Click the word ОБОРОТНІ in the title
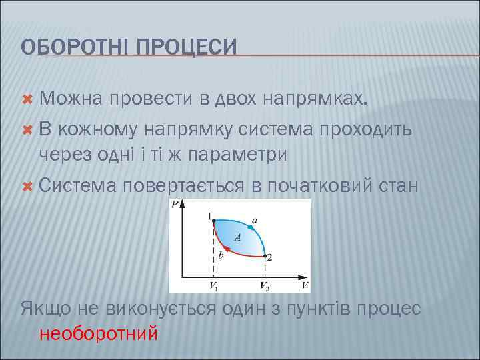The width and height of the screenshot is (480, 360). click(75, 47)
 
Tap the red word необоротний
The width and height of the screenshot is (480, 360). click(99, 332)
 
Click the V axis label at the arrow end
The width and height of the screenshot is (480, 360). click(305, 285)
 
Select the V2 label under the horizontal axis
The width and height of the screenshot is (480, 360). click(265, 286)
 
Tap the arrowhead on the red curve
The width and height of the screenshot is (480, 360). click(227, 249)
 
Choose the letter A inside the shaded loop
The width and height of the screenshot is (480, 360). click(237, 237)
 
